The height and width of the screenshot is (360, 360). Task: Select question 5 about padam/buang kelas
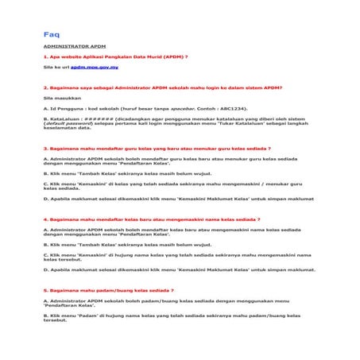(108, 290)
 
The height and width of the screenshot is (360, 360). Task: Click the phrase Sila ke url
(56, 68)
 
